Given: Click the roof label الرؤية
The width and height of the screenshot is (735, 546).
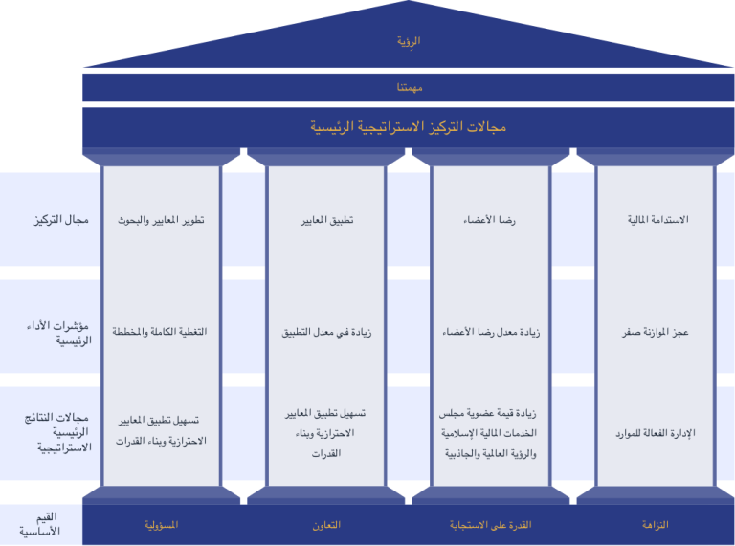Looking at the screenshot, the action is [x=409, y=41].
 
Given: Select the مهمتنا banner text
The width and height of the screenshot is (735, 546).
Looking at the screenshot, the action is [x=410, y=88].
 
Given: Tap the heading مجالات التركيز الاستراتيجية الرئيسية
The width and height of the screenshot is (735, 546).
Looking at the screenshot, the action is [x=408, y=127].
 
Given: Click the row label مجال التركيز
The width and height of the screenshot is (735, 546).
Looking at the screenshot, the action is [x=61, y=220].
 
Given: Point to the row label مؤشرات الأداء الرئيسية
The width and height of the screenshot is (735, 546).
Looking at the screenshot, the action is [x=58, y=333].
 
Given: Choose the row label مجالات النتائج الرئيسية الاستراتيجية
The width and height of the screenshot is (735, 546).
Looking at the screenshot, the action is [x=57, y=432].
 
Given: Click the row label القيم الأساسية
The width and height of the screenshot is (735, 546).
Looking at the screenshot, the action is [x=40, y=523].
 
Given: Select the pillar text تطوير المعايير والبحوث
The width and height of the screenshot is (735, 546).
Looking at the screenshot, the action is [x=161, y=220].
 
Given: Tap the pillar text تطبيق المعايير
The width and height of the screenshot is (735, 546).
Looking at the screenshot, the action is [x=326, y=220].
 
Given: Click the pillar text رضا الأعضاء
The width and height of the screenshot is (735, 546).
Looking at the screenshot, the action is [x=489, y=220].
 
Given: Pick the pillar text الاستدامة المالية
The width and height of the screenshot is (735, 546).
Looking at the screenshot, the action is [x=658, y=219].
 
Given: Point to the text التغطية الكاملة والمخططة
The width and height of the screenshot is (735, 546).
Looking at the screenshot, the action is [x=160, y=332].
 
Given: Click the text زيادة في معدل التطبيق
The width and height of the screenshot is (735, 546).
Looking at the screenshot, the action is [x=326, y=332].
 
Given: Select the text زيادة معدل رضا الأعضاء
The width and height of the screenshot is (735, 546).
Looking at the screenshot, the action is [x=491, y=332].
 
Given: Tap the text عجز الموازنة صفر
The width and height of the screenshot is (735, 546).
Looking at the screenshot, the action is [x=656, y=332].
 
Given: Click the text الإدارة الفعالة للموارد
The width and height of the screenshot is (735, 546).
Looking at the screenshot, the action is [x=656, y=433].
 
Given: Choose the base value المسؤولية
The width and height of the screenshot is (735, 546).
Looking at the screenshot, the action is [x=161, y=525].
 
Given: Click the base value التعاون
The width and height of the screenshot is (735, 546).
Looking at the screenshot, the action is [x=326, y=525].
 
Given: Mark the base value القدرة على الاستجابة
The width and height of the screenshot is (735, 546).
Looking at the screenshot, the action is [x=490, y=525].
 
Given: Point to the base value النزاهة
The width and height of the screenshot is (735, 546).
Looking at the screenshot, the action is [x=655, y=524].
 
